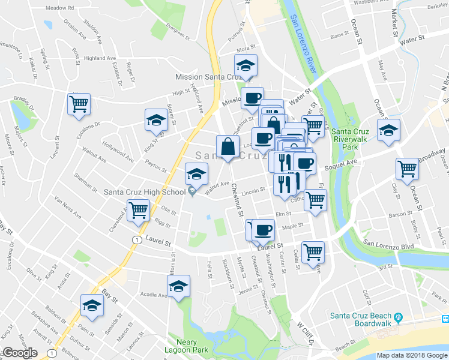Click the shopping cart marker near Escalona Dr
pyautogui.click(x=79, y=104)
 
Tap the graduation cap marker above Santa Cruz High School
pyautogui.click(x=196, y=174)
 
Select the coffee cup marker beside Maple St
pyautogui.click(x=262, y=229)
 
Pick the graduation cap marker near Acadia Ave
pyautogui.click(x=178, y=287)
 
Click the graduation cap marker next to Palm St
pyautogui.click(x=92, y=305)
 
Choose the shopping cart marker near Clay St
pyautogui.click(x=408, y=169)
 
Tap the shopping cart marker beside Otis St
pyautogui.click(x=139, y=211)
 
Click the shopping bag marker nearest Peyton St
pyautogui.click(x=228, y=146)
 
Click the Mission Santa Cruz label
pyautogui.click(x=207, y=77)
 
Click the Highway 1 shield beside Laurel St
pyautogui.click(x=137, y=239)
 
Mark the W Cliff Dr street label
pyautogui.click(x=307, y=334)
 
